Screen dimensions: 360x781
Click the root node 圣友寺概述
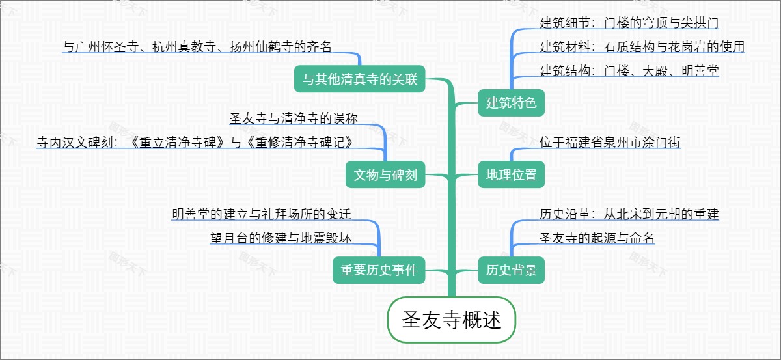tap(452, 320)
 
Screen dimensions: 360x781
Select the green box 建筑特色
tap(511, 102)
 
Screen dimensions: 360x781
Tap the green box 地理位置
tap(511, 174)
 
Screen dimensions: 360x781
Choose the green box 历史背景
tap(511, 270)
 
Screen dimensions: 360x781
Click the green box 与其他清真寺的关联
tap(360, 79)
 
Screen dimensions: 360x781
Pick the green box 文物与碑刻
tap(385, 174)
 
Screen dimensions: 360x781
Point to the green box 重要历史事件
tap(379, 270)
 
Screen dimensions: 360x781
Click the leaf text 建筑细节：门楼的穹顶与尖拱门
tap(629, 23)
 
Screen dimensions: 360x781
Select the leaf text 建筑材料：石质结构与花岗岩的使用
tap(642, 47)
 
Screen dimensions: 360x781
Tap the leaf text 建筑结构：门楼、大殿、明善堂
tap(629, 71)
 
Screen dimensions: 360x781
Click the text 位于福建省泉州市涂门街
tap(610, 143)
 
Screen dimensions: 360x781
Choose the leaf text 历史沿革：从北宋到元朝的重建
tap(629, 214)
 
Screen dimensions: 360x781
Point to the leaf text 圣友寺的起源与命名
tap(597, 238)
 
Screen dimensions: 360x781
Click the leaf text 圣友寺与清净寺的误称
tap(294, 118)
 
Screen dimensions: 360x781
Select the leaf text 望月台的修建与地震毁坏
tap(281, 238)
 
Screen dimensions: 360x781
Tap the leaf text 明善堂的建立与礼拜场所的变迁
tap(262, 214)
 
